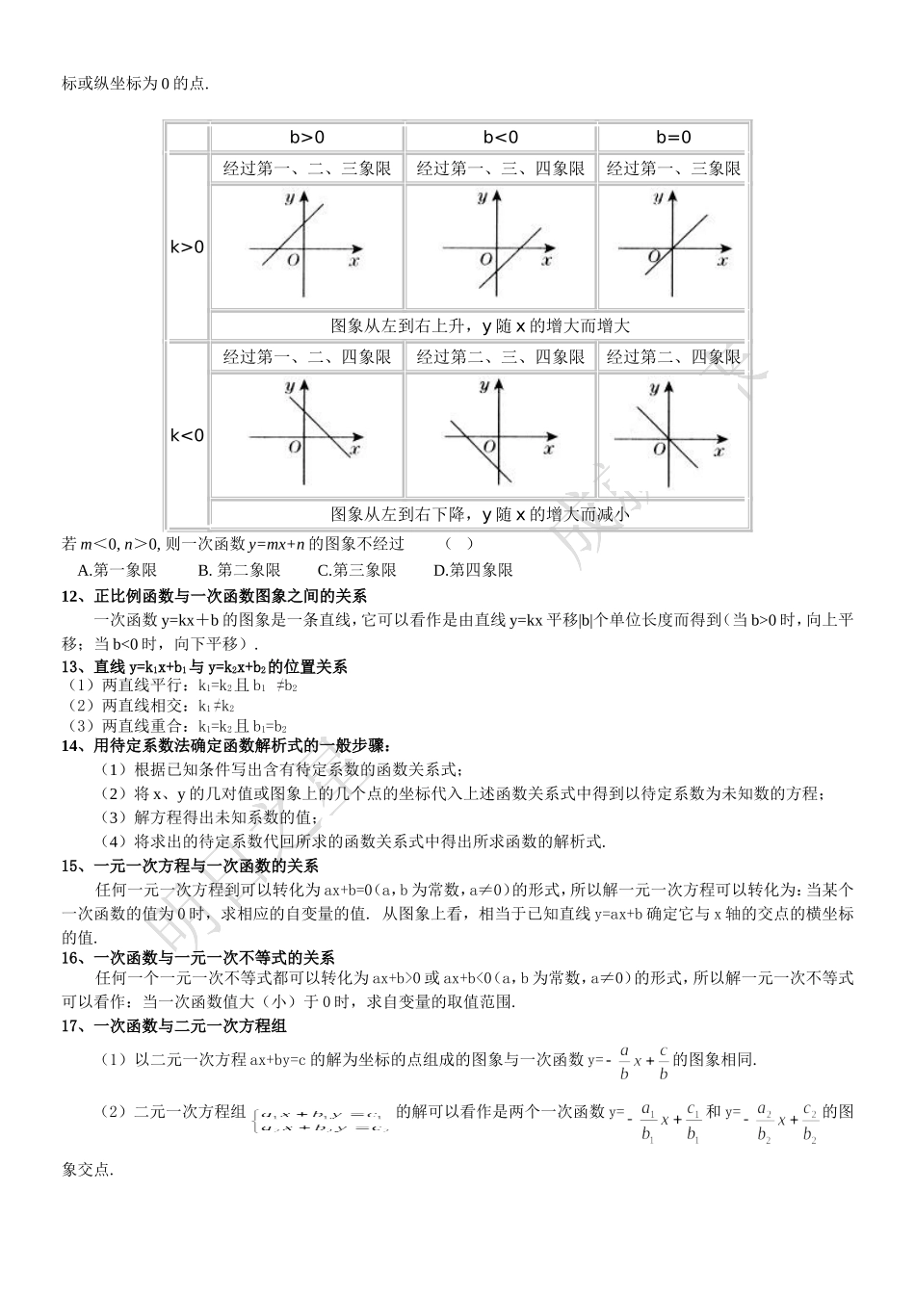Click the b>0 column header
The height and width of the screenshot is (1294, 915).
click(306, 138)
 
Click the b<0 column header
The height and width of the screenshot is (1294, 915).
click(500, 138)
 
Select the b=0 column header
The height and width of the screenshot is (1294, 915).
click(673, 138)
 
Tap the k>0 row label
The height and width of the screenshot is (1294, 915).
click(188, 247)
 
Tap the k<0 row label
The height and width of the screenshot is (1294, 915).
click(188, 436)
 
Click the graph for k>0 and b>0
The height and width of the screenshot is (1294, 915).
click(306, 246)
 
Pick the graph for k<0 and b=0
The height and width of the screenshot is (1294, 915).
click(673, 433)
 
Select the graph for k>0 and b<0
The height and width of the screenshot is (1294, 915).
click(500, 246)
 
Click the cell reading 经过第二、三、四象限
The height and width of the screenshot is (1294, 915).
click(500, 357)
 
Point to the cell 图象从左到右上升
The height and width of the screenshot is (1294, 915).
click(479, 326)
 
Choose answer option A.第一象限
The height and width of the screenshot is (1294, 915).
click(117, 570)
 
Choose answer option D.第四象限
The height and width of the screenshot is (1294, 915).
click(473, 570)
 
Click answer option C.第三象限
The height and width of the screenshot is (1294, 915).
click(356, 570)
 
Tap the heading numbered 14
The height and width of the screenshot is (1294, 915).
click(225, 745)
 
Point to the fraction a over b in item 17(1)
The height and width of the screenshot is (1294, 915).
click(623, 1061)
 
